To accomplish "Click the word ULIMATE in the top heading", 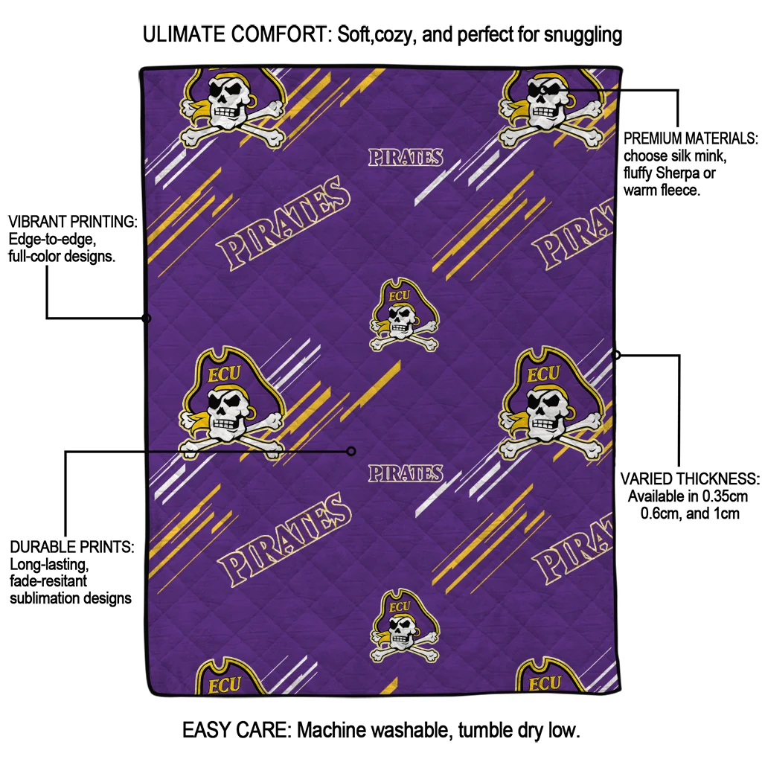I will (x=189, y=34).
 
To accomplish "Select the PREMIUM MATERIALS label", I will (x=691, y=139).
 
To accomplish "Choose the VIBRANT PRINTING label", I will (x=72, y=222).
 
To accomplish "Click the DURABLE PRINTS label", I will (x=71, y=547).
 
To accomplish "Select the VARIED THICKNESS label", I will (x=690, y=478).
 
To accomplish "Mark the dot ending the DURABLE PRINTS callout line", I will (x=352, y=451).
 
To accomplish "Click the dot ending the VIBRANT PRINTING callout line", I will (x=147, y=318).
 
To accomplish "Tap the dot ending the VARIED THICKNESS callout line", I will (x=616, y=355).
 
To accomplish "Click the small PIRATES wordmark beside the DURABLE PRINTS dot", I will (x=406, y=473).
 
